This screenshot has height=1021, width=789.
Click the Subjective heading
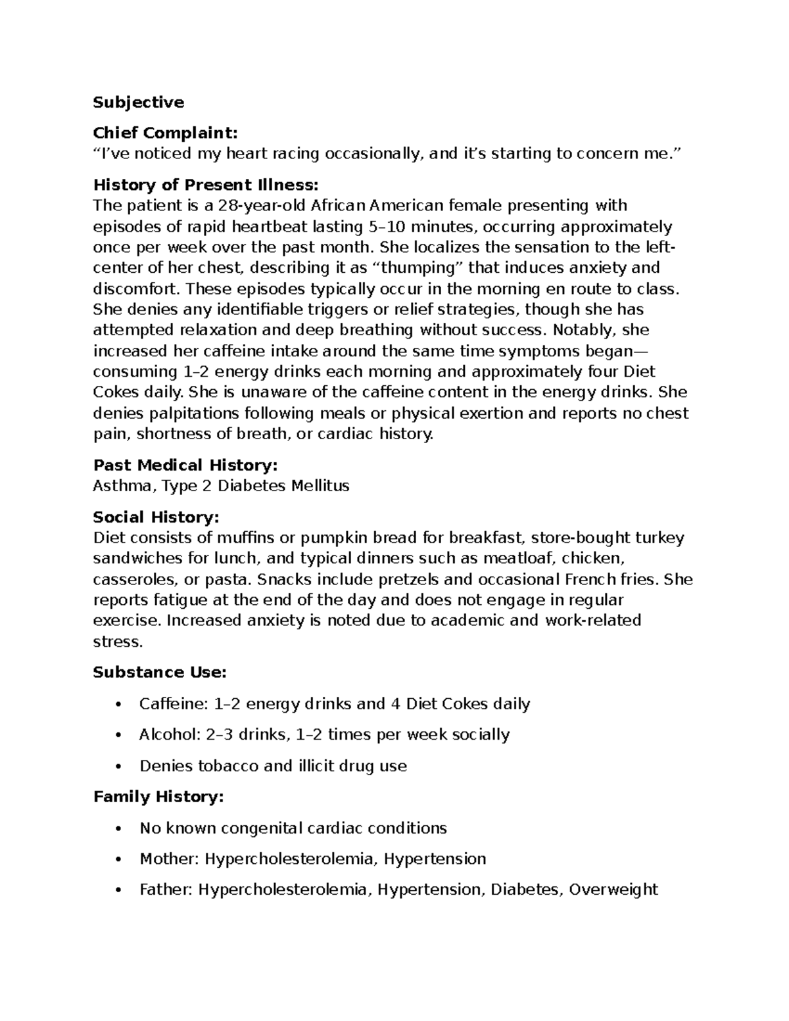tap(138, 103)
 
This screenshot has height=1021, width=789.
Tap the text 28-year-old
tap(262, 206)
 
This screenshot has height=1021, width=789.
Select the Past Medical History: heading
tap(185, 465)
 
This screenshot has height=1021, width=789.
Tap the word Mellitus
tap(321, 487)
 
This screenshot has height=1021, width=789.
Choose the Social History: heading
tap(156, 517)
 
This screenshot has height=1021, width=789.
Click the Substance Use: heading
tap(159, 673)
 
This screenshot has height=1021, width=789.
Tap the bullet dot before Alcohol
tap(118, 735)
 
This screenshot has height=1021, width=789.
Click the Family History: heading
tap(158, 797)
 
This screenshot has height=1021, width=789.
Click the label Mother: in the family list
tap(169, 859)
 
